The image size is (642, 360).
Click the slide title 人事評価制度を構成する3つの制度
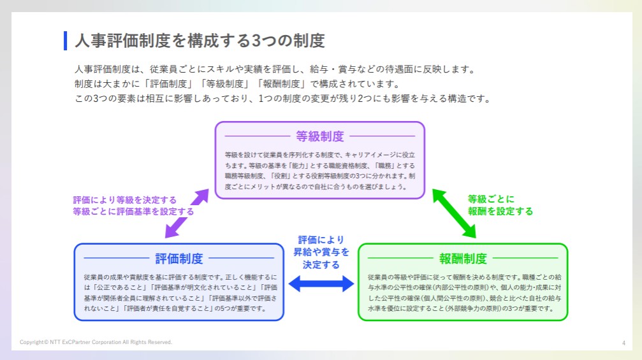[200, 41]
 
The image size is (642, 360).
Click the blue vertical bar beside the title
[65, 41]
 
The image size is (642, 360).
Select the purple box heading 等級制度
[319, 136]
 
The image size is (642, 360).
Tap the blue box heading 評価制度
[179, 258]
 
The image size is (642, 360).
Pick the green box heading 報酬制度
[463, 258]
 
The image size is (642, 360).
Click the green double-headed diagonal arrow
[455, 213]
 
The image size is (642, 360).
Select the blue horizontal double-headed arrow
[321, 284]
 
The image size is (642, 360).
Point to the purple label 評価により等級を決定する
[124, 199]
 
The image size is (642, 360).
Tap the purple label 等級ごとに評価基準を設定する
[133, 211]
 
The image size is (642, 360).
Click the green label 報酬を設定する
[500, 211]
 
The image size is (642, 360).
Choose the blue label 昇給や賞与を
[321, 252]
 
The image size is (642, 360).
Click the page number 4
[624, 343]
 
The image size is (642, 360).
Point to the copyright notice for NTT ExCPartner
[96, 342]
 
